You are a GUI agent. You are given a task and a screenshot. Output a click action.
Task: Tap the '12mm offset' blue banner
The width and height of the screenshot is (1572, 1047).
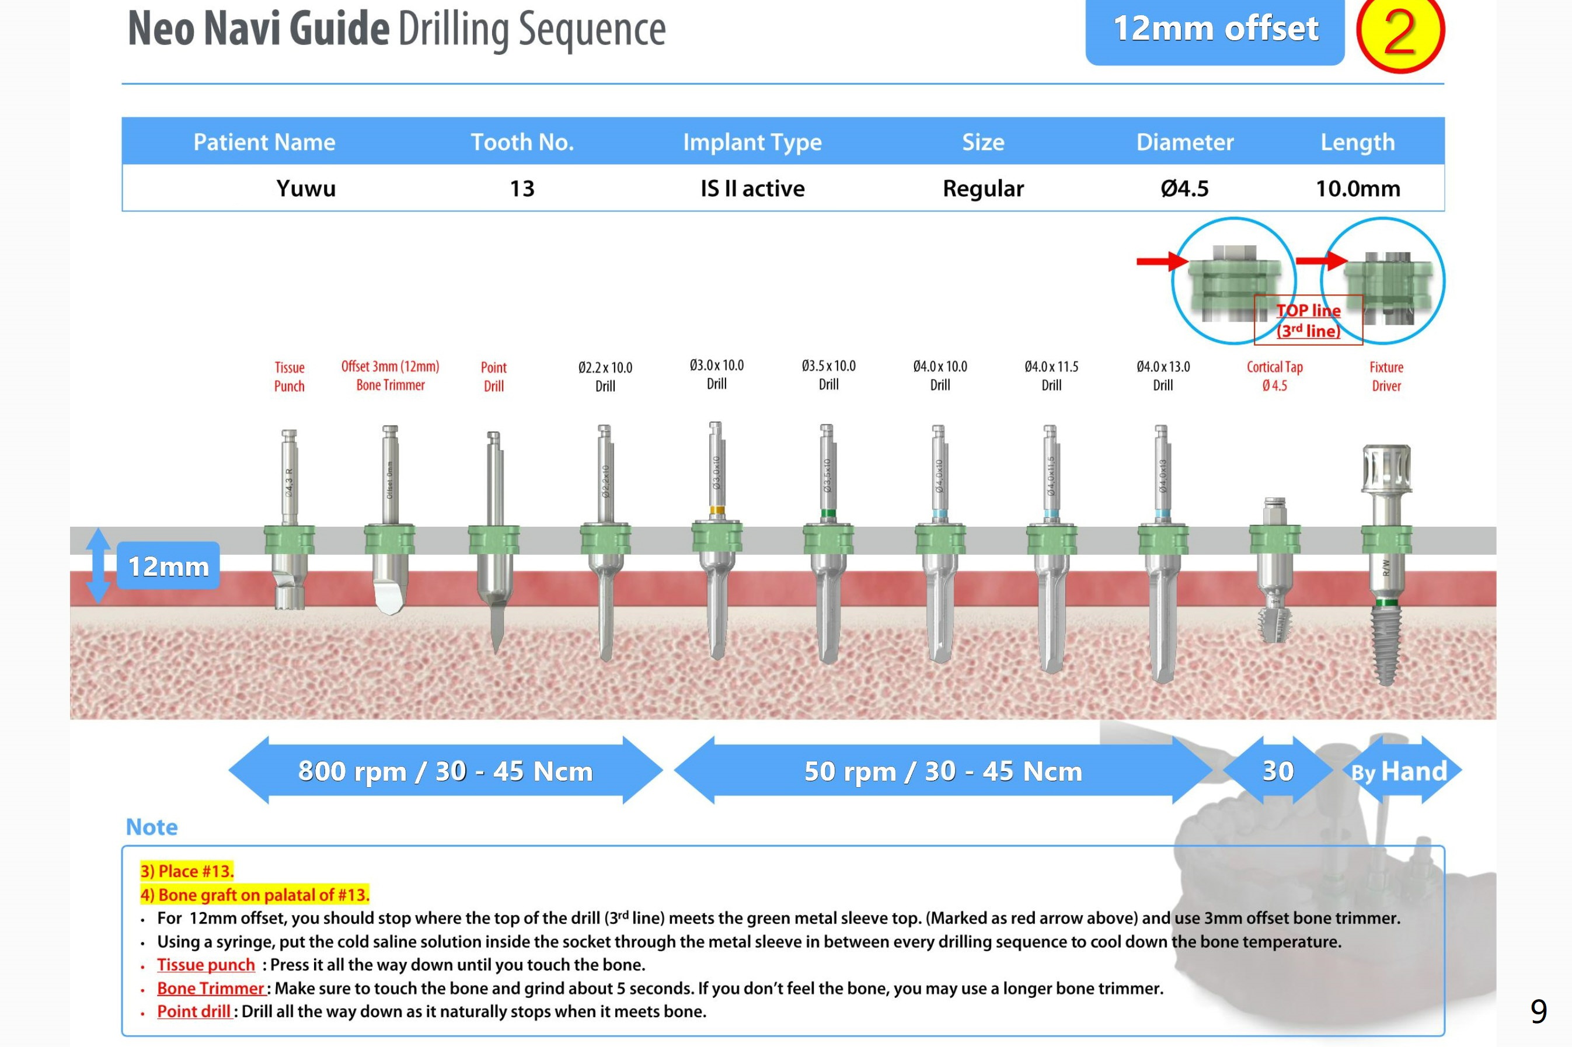[1214, 30]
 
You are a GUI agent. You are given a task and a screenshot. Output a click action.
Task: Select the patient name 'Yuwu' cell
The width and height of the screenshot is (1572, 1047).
[306, 188]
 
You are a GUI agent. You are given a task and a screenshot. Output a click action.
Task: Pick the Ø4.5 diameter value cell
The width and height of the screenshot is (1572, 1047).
[1184, 188]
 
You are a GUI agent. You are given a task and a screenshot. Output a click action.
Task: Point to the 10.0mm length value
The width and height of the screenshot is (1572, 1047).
[1357, 188]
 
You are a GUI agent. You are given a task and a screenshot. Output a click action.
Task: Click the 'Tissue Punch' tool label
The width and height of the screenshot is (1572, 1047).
[289, 377]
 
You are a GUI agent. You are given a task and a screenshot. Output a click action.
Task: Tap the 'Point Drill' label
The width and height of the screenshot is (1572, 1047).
[493, 377]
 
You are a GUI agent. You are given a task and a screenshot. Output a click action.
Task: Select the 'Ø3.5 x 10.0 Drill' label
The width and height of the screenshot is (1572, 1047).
[828, 375]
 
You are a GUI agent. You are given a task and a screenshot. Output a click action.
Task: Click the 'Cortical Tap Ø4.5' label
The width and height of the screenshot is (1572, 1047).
[1274, 376]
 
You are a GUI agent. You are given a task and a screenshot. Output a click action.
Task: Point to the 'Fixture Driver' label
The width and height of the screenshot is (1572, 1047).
[1386, 377]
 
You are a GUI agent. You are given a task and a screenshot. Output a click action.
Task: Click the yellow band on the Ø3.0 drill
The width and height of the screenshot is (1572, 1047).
[716, 511]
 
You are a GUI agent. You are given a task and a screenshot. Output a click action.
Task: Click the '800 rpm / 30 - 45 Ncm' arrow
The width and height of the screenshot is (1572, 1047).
[445, 771]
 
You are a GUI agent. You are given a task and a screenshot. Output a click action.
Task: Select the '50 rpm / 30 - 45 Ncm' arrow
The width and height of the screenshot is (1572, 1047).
[942, 771]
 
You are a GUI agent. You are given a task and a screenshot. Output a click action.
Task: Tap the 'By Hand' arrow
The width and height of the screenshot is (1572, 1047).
[1400, 771]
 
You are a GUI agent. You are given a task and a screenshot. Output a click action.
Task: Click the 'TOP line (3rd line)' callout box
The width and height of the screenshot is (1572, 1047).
[1308, 321]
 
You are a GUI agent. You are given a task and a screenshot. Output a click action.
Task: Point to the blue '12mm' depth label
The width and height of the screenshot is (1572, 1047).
[168, 566]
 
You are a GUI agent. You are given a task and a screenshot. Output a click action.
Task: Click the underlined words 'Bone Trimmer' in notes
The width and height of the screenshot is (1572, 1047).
[211, 988]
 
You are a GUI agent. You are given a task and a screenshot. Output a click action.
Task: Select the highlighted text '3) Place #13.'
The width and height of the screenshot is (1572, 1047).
[187, 871]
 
